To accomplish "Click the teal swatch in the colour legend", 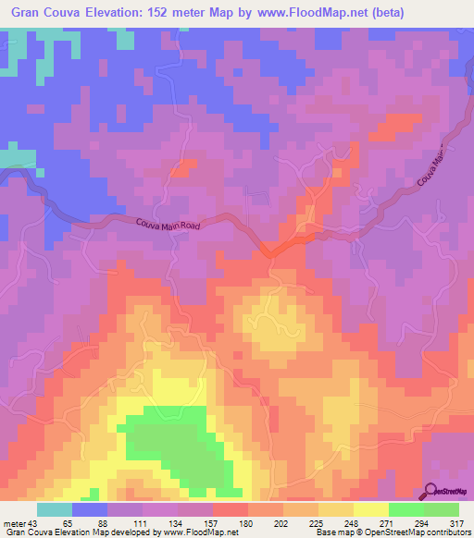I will point(55,510).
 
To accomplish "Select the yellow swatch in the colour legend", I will point(370,510).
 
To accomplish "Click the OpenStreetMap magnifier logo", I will point(430,492).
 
